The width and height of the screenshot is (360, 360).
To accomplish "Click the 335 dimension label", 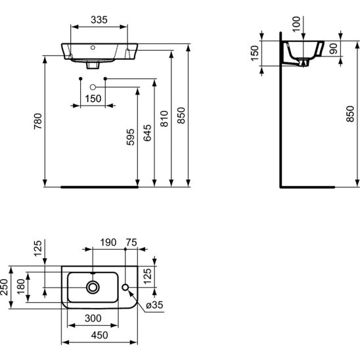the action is pos(99,20).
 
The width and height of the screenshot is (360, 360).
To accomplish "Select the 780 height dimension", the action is pos(38,121).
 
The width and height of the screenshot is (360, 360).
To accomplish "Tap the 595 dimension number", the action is pos(131,137).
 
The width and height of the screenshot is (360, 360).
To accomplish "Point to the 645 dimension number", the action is pos(147,133).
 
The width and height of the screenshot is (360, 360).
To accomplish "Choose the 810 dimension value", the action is pos(164,119).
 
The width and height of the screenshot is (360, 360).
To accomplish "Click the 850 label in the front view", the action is pos(181,116).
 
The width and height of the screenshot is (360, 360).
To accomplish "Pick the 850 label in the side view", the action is pos(350,114).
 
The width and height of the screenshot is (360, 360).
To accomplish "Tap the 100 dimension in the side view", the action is pos(296,24).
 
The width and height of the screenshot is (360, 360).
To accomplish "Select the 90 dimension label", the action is pos(333,49).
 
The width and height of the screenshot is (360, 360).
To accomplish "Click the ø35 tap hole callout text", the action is pos(154,305).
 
